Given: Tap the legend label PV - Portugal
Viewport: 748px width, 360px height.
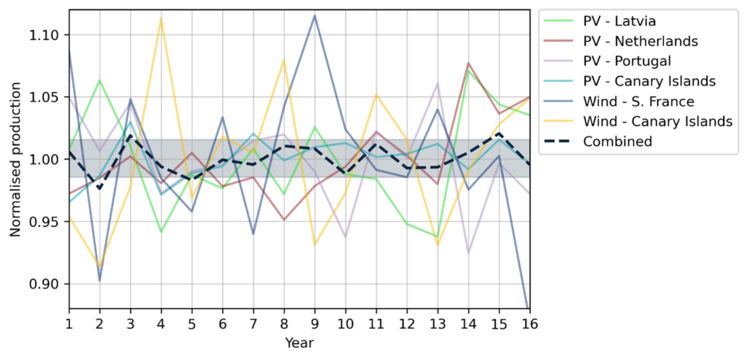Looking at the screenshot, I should click(x=627, y=60).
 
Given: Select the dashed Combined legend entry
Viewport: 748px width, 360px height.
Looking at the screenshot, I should click(x=617, y=142).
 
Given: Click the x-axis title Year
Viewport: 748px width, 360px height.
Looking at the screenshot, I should click(x=299, y=342).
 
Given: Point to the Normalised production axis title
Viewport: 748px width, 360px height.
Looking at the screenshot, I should click(x=15, y=160).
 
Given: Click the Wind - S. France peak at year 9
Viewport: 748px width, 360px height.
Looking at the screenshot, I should click(x=314, y=15).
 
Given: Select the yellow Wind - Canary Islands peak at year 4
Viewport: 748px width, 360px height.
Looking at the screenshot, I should click(x=161, y=19).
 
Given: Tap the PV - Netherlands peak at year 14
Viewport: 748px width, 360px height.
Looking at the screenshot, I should click(x=467, y=64).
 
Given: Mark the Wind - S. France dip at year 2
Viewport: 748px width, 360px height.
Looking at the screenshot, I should click(x=99, y=280).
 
